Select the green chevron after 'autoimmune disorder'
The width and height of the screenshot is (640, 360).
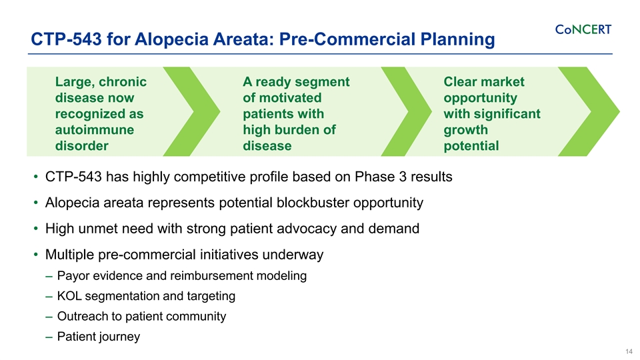(193, 110)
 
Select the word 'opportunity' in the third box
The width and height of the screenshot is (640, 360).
(480, 97)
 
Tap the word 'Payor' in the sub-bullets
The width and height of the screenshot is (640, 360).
(73, 276)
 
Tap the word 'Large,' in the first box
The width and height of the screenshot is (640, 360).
(76, 81)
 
